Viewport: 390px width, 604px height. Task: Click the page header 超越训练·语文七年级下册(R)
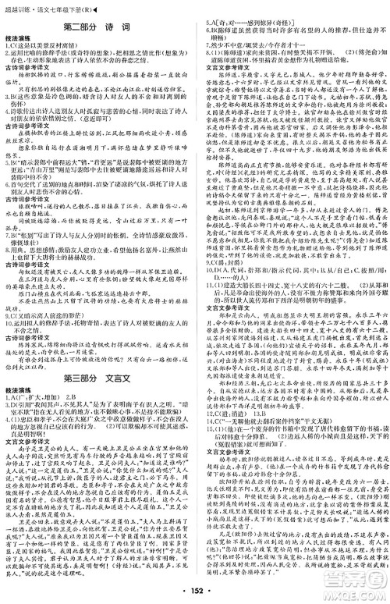[47, 7]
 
